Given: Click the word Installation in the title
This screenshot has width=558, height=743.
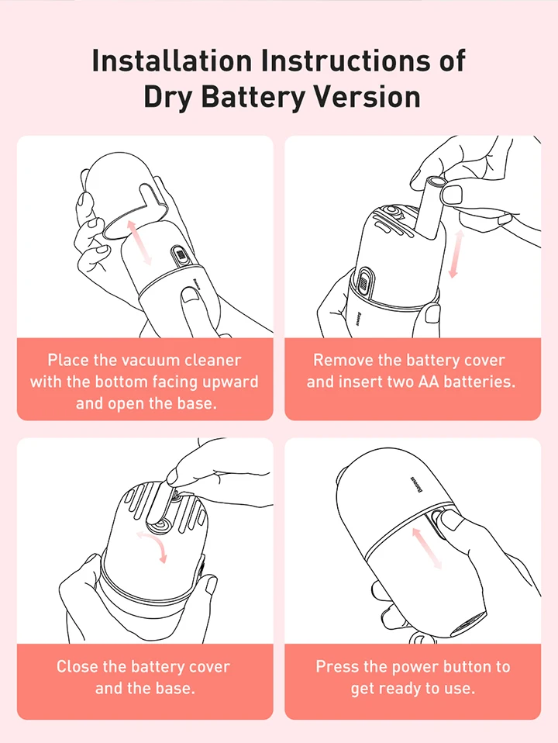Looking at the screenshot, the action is (x=171, y=60).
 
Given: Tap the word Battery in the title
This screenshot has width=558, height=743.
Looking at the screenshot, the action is (x=253, y=97).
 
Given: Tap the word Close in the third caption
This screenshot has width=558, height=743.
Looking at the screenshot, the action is (x=77, y=666).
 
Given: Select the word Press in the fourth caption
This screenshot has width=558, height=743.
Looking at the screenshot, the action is (x=336, y=666).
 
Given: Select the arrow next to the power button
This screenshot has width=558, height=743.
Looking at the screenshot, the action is (x=427, y=548).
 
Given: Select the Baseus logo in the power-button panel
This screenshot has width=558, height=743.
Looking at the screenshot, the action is (x=415, y=484).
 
